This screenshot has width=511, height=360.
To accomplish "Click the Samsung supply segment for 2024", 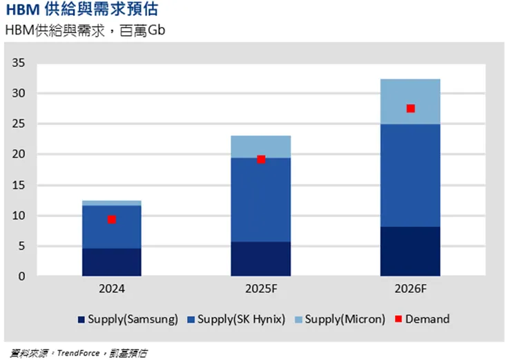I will [111, 263].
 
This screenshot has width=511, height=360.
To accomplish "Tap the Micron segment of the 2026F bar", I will [410, 93].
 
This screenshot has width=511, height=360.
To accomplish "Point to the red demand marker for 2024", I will [111, 219].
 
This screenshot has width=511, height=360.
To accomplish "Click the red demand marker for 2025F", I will [261, 159].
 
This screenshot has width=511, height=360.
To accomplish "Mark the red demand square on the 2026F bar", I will [410, 108].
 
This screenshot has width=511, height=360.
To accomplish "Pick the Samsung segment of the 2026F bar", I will [410, 252].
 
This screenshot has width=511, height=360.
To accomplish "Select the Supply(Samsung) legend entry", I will [128, 319].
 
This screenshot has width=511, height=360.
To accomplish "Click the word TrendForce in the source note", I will [77, 352].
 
